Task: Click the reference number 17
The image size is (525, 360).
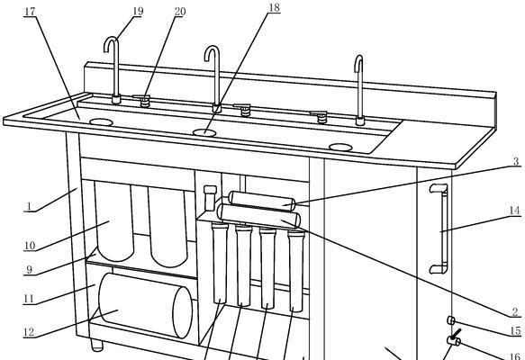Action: [30, 12]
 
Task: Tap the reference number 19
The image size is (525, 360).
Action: [138, 11]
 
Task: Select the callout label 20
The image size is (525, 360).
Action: [180, 12]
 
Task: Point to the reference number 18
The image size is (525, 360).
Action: [275, 8]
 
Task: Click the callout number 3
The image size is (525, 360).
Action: [516, 161]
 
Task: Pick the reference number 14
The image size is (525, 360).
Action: [514, 211]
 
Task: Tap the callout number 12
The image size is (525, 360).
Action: [29, 332]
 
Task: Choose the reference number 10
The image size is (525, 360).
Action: [30, 246]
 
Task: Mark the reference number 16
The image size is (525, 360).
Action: [516, 356]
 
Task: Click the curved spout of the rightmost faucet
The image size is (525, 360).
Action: [358, 61]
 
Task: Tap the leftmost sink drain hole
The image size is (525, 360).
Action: [101, 122]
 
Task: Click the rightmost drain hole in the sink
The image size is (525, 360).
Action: [340, 148]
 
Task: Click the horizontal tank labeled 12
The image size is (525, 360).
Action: [146, 305]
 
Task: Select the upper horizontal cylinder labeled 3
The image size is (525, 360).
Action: [261, 202]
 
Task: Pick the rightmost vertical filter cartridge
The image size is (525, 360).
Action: [296, 271]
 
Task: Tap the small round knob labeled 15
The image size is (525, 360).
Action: [450, 321]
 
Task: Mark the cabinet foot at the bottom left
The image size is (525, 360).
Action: [96, 346]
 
